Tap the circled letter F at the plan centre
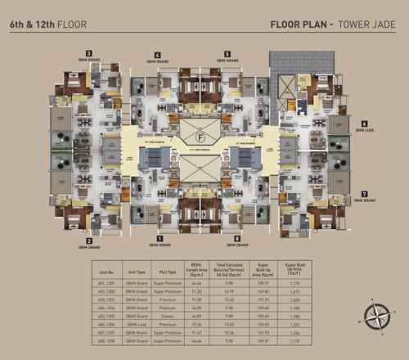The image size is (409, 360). [x=200, y=136]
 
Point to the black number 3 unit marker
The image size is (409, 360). [x=88, y=52]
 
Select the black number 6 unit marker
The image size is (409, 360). [x=363, y=124]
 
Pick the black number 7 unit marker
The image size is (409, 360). [x=363, y=193]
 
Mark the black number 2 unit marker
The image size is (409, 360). [x=88, y=239]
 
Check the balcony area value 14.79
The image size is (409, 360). [x=228, y=290]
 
